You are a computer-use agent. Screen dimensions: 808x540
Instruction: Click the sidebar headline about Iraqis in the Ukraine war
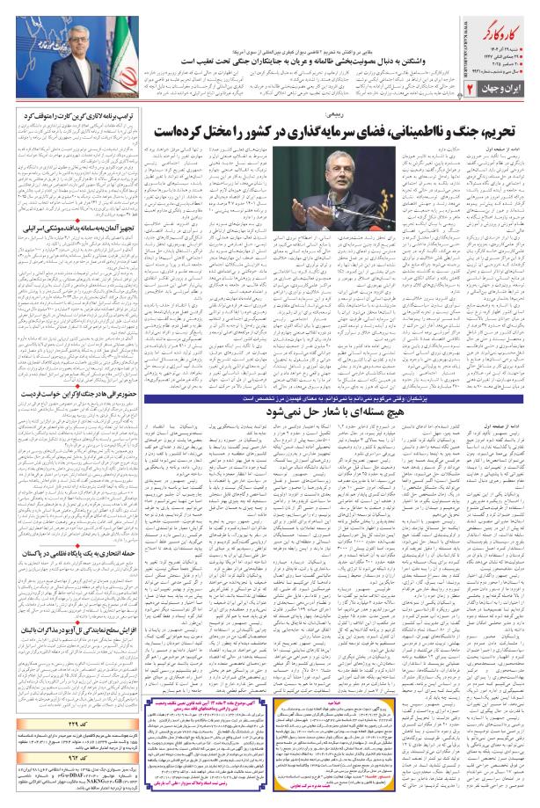77,395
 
